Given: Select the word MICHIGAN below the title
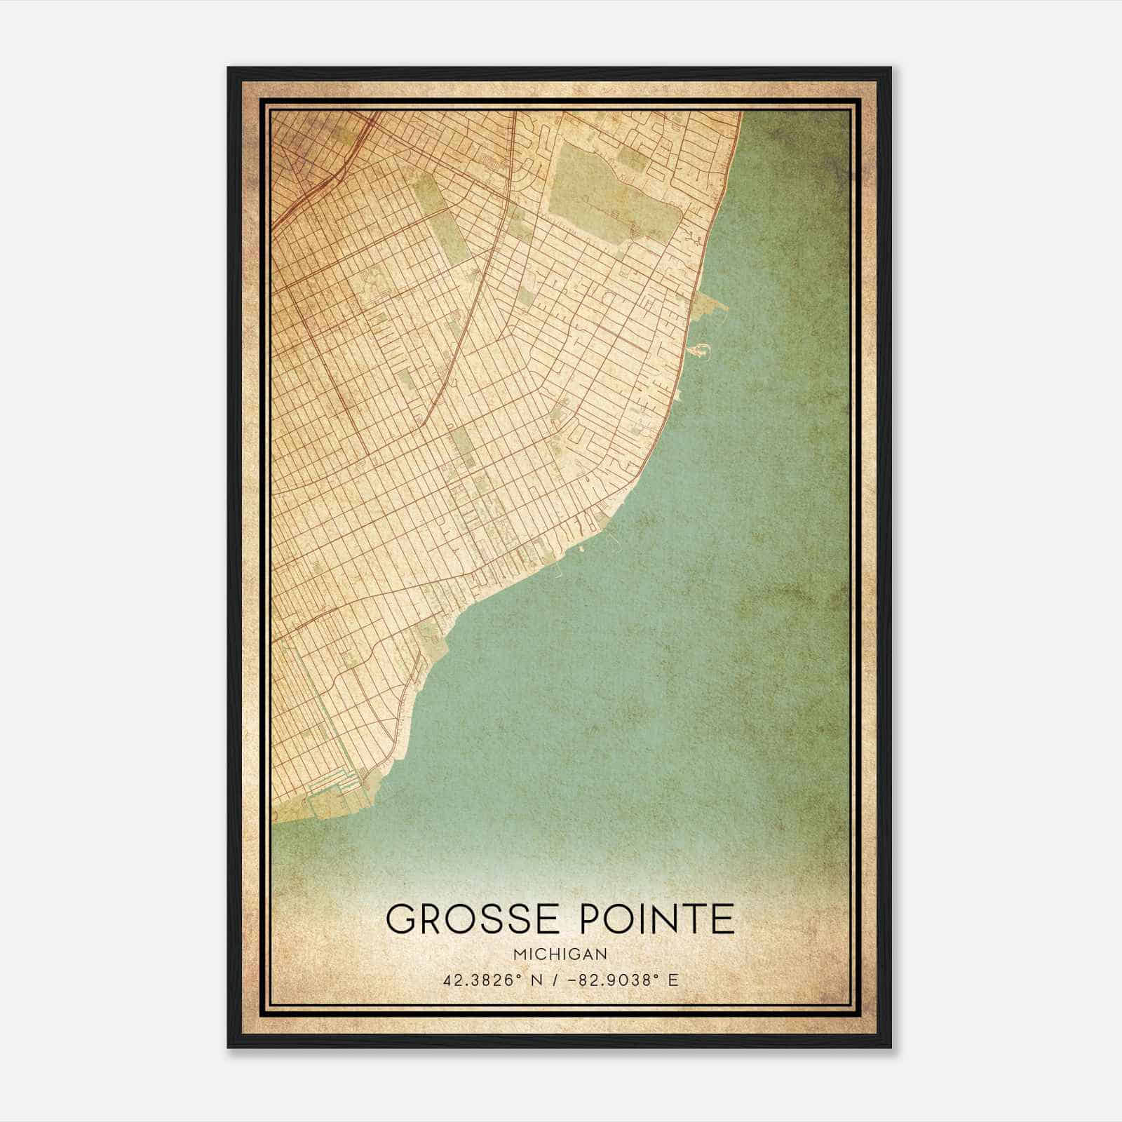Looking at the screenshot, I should (560, 954).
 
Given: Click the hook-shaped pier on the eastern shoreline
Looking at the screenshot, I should (696, 348).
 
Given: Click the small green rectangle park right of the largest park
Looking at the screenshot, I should (633, 161).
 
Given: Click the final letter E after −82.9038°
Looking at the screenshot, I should (673, 980).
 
